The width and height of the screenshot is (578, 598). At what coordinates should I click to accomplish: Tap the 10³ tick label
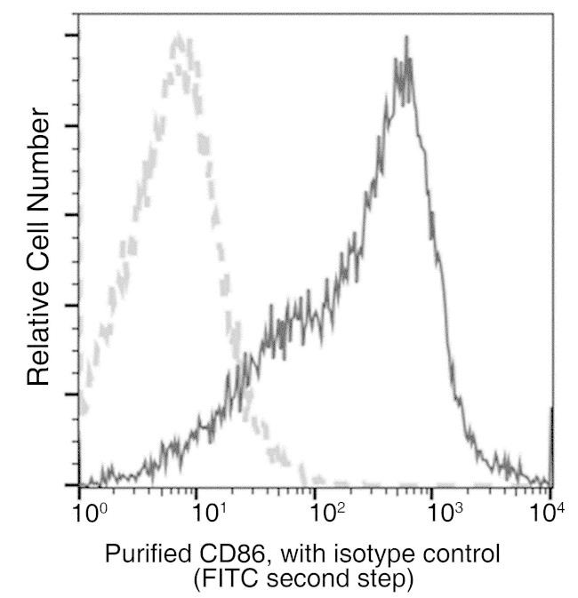pos(445,512)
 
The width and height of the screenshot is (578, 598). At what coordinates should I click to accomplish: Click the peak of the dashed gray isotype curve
pos(181,37)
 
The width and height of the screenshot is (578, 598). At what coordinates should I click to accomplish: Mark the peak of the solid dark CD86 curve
pos(406,39)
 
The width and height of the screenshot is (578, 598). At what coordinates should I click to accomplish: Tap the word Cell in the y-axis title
pos(38,234)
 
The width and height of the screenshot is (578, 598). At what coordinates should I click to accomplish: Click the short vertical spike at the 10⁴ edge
pos(551,444)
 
